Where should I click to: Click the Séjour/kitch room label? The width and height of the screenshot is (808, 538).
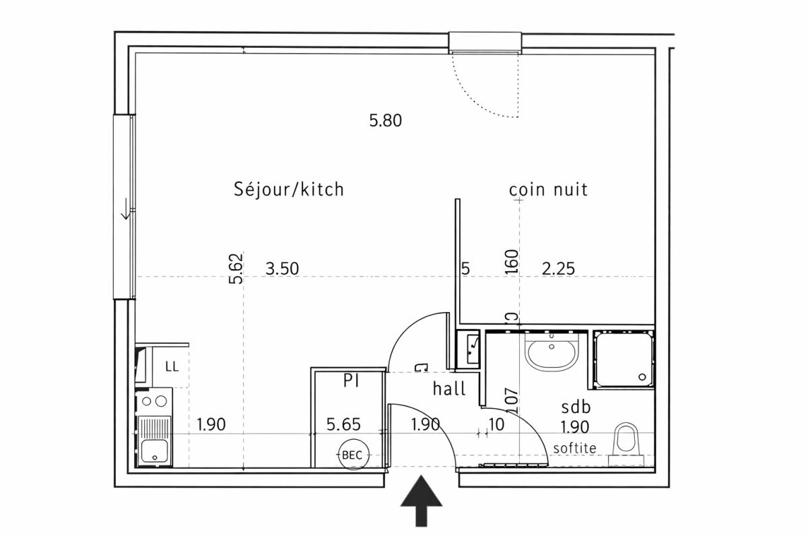click(x=289, y=189)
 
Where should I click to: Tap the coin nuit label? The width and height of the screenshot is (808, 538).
click(x=548, y=190)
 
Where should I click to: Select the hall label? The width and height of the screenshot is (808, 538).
click(x=449, y=389)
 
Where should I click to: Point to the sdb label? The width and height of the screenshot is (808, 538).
click(x=576, y=407)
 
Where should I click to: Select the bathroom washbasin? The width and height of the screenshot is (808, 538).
click(x=551, y=352)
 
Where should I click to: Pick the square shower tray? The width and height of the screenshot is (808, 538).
click(x=623, y=360)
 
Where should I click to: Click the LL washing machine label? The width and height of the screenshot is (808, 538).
click(x=172, y=367)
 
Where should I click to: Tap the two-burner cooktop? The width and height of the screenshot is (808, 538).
click(x=154, y=401)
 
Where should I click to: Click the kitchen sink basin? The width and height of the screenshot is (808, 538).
click(x=154, y=451)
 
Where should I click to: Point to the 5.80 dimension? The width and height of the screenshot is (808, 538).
click(x=385, y=120)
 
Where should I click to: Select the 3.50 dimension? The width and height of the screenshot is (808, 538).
click(x=282, y=269)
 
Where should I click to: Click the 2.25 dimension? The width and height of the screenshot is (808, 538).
click(x=558, y=269)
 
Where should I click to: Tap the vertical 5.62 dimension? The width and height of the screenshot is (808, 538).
click(x=236, y=268)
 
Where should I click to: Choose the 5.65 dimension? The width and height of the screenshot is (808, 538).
click(x=343, y=424)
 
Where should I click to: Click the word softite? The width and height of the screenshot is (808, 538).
click(x=575, y=449)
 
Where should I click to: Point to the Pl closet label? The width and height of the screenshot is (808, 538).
click(x=351, y=381)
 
